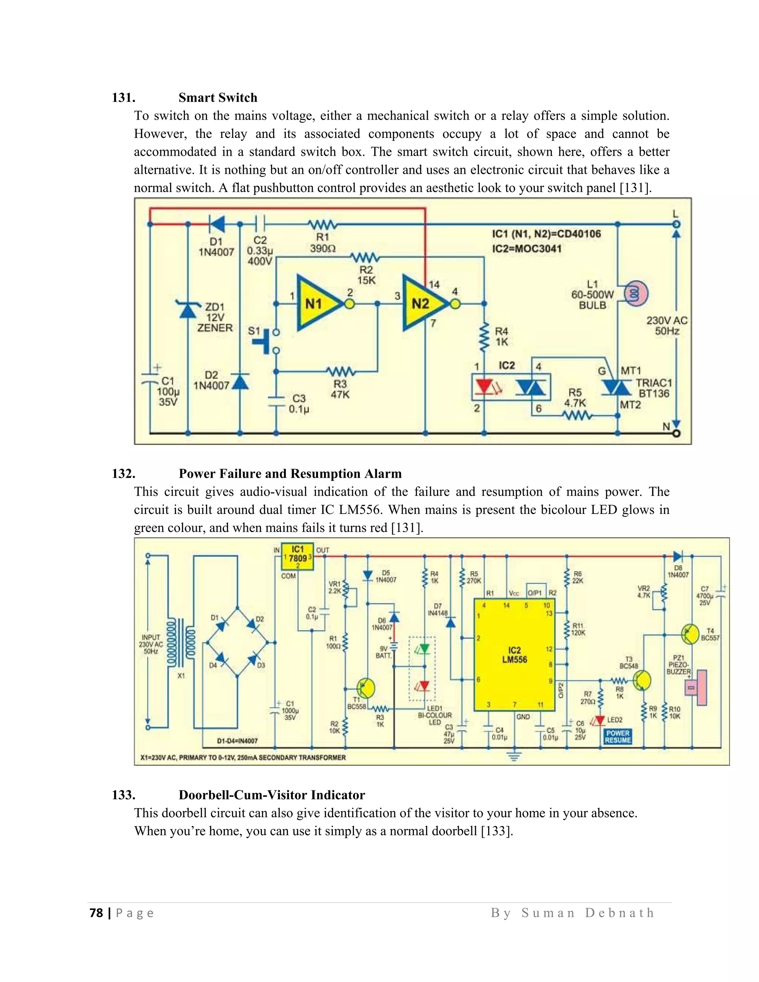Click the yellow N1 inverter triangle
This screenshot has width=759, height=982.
pos(315,303)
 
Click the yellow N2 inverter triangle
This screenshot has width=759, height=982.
pos(421,303)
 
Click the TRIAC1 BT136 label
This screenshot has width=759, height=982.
pos(654,388)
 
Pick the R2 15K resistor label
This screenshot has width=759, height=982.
pos(366,275)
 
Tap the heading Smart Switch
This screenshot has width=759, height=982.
pos(218,97)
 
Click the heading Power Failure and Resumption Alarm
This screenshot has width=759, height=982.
pos(290,474)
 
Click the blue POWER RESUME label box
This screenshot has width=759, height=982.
pos(618,737)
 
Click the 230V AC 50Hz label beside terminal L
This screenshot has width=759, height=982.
pos(667,325)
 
